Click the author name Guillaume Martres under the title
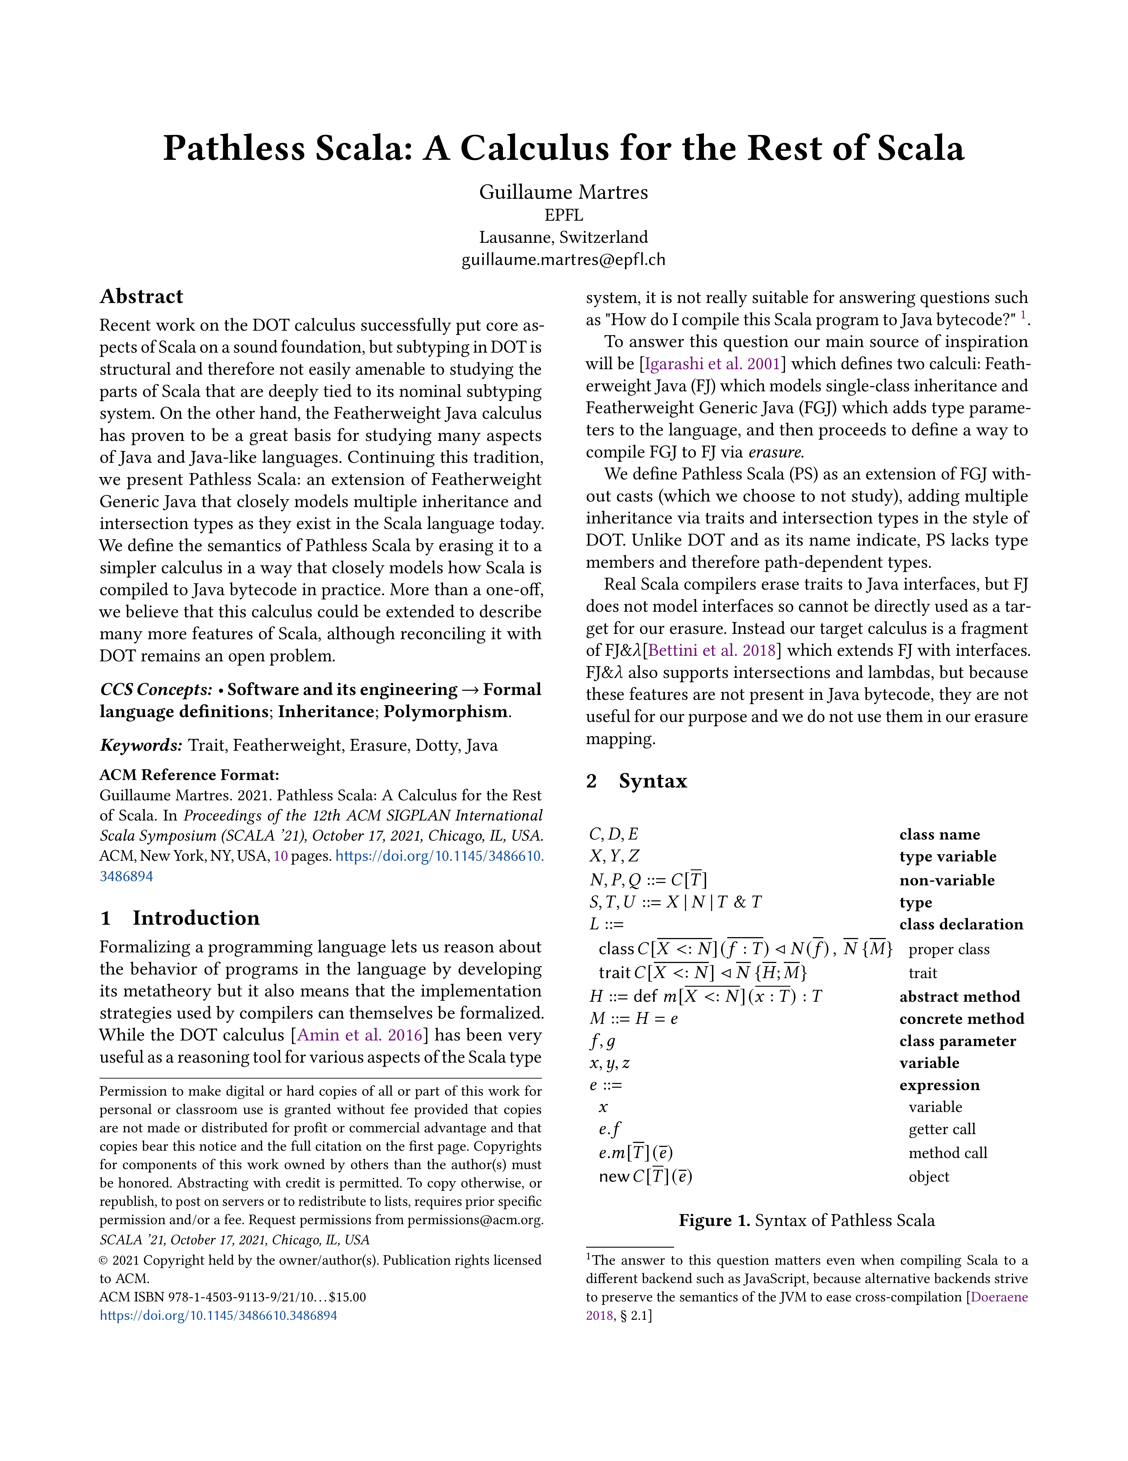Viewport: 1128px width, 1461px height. click(x=563, y=193)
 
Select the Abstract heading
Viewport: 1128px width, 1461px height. click(x=141, y=296)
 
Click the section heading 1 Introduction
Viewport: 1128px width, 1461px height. click(x=180, y=918)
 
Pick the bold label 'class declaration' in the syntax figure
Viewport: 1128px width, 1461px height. click(x=961, y=924)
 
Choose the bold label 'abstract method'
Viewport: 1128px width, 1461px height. click(x=959, y=997)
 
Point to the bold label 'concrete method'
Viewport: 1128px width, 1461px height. click(x=961, y=1019)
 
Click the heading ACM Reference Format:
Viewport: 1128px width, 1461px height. click(x=189, y=775)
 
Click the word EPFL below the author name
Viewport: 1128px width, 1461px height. click(x=563, y=215)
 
